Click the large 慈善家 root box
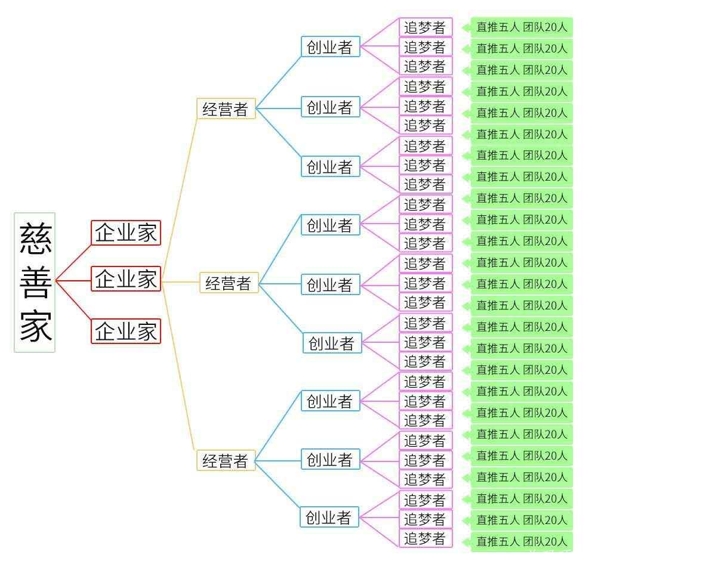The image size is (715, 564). [x=35, y=282]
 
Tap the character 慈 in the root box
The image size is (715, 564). [x=36, y=239]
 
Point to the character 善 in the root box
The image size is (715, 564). [x=36, y=282]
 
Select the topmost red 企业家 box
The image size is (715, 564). [x=126, y=233]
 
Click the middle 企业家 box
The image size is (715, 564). [x=126, y=279]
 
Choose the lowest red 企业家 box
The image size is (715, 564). [x=126, y=331]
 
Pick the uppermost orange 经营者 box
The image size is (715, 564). [x=226, y=109]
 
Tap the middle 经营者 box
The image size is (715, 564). [x=229, y=283]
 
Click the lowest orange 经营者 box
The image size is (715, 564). [x=226, y=460]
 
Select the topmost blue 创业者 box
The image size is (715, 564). [x=330, y=47]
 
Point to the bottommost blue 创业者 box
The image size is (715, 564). [x=329, y=517]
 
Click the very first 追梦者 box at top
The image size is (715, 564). [x=425, y=27]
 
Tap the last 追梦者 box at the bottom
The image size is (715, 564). [x=425, y=539]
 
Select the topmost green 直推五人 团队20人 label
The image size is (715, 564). [x=522, y=27]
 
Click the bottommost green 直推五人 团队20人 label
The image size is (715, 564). [x=522, y=541]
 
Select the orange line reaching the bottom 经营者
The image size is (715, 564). [x=179, y=370]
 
